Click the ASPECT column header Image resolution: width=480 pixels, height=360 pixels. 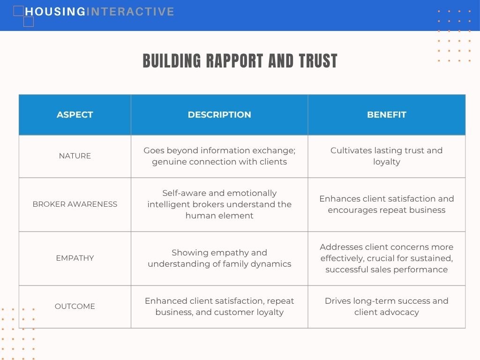point(75,114)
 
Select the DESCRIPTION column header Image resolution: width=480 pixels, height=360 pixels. point(219,114)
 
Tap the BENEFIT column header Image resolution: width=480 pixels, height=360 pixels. point(387,114)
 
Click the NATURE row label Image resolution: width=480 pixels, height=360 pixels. point(75,156)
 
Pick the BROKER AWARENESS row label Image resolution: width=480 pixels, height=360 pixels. point(75,204)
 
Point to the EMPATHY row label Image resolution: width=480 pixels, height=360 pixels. point(75,258)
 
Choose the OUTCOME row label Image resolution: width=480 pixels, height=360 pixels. point(75,306)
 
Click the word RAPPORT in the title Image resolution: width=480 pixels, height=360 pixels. point(234,60)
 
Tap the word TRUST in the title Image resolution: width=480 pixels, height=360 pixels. point(318,60)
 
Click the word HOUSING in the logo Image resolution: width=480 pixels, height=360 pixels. point(55,12)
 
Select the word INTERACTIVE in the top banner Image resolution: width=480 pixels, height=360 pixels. point(130,12)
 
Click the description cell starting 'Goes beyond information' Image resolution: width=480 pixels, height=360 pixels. point(219,156)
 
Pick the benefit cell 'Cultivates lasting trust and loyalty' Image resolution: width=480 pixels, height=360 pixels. point(387,156)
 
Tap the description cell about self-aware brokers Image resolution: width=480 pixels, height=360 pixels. point(219,204)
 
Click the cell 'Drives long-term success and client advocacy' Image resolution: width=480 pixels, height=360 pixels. point(387,307)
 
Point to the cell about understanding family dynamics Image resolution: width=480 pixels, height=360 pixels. point(219,258)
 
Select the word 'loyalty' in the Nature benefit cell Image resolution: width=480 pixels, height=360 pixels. point(387,162)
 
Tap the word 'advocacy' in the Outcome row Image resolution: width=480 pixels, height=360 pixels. point(402,312)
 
